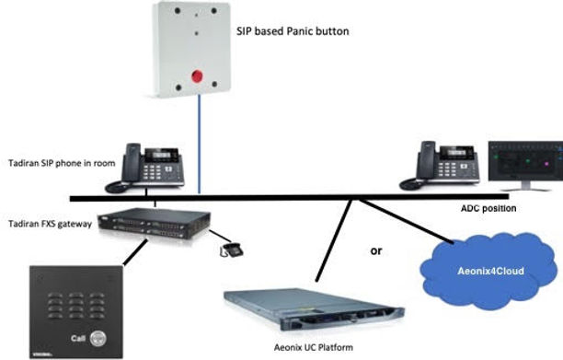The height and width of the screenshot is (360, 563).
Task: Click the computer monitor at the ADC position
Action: (523, 164)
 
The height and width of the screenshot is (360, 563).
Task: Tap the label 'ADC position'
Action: (488, 210)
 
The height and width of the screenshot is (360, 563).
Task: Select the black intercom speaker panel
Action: (75, 310)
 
